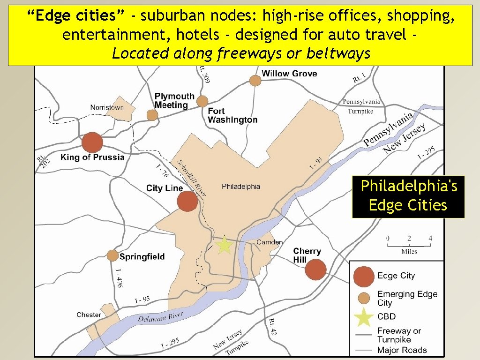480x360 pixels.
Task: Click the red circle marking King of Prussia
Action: pos(92,142)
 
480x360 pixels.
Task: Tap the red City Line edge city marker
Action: pos(187,202)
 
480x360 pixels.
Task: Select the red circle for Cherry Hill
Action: pos(315,270)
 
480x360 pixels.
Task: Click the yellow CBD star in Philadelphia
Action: pos(225,245)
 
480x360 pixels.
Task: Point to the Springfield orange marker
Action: pos(112,255)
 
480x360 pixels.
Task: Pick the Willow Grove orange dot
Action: pos(255,81)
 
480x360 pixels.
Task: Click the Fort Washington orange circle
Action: pos(202,101)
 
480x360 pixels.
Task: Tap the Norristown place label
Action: pos(107,107)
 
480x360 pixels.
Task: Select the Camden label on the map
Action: pos(270,242)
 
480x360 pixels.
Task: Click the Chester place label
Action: pos(89,315)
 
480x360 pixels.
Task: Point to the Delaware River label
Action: pos(160,317)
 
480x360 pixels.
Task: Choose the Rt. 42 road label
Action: pos(272,327)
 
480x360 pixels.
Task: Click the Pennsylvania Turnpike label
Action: pos(361,106)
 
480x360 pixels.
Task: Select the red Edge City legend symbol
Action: pos(364,276)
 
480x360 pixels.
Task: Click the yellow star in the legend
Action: pos(364,316)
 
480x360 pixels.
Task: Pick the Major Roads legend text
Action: pos(402,350)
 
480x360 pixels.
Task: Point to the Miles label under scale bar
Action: pos(409,252)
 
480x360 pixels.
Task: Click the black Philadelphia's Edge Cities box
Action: pos(408,196)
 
